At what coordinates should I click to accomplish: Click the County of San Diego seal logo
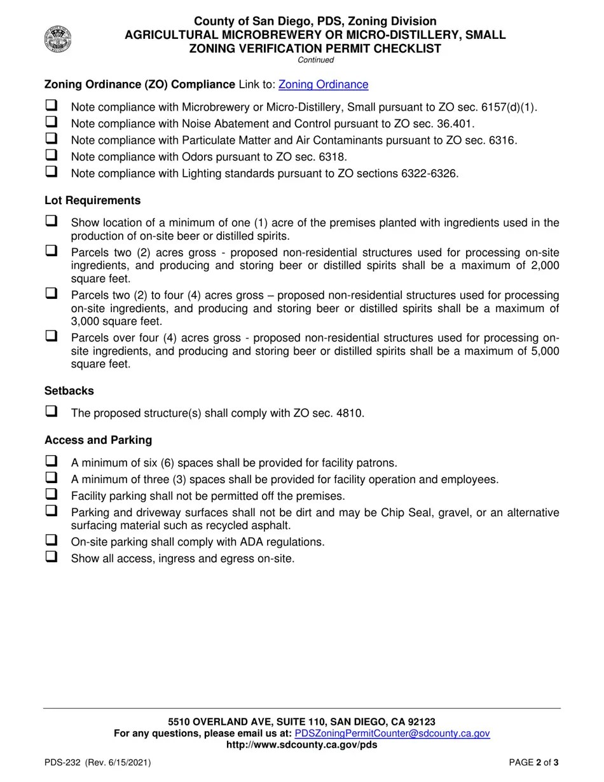(58, 39)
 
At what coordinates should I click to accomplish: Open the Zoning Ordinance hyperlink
(323, 85)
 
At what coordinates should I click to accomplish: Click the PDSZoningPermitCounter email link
(392, 733)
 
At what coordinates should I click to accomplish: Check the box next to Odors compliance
(51, 154)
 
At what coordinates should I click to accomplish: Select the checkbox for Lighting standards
(51, 171)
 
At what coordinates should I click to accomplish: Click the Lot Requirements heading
(92, 201)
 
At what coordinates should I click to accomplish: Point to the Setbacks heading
(69, 391)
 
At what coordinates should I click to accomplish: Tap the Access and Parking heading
(98, 440)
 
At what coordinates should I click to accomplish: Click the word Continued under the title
(315, 60)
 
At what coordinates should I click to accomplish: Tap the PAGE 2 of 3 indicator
(533, 763)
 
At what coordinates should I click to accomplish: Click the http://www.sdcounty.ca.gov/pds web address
(301, 744)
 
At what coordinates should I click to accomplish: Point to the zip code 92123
(420, 722)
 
